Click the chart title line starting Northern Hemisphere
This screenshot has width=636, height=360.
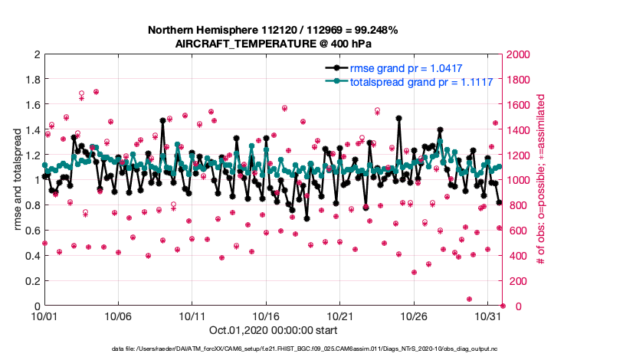pyautogui.click(x=272, y=30)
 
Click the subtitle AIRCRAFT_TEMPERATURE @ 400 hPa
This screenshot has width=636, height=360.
pyautogui.click(x=272, y=43)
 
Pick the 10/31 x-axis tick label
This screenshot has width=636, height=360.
pyautogui.click(x=488, y=316)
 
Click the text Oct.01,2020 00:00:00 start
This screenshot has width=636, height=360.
pyautogui.click(x=272, y=332)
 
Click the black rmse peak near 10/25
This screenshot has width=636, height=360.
pyautogui.click(x=399, y=119)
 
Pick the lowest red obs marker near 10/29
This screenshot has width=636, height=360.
pyautogui.click(x=469, y=299)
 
